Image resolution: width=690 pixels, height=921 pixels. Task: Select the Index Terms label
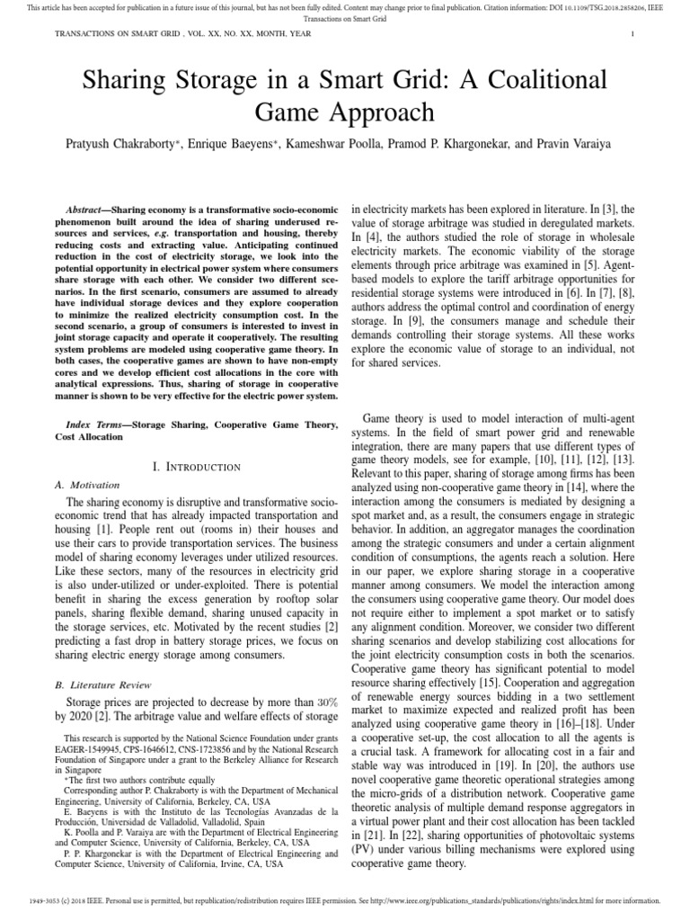click(x=95, y=423)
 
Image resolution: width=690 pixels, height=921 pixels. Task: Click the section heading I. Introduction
click(x=197, y=467)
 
